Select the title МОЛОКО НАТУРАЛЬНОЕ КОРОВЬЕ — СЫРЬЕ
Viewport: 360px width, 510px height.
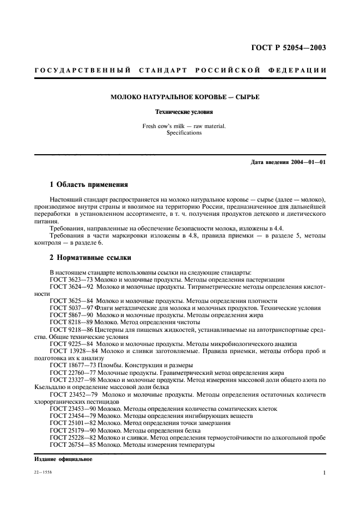click(185, 97)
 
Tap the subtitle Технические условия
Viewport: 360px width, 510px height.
click(184, 112)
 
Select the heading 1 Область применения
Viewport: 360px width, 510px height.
click(89, 185)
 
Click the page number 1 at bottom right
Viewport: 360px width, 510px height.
click(325, 473)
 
